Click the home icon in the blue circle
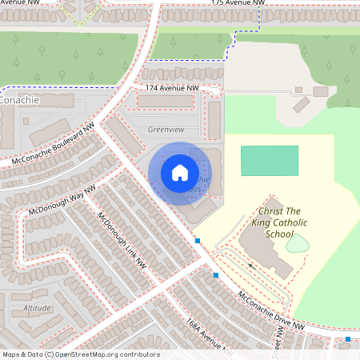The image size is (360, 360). (x=179, y=172)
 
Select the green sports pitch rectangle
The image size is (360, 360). (x=270, y=160)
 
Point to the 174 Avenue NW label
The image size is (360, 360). (x=172, y=87)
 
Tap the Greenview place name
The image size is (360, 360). (x=166, y=129)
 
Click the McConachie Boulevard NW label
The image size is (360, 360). (x=53, y=145)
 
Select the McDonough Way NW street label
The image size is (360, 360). (x=62, y=201)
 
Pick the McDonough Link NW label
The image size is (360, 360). (x=122, y=239)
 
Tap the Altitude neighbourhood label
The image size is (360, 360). (x=37, y=307)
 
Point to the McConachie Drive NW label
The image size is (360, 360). (x=271, y=310)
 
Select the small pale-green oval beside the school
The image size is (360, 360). (x=297, y=242)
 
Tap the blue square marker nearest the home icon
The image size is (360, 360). (x=198, y=240)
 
